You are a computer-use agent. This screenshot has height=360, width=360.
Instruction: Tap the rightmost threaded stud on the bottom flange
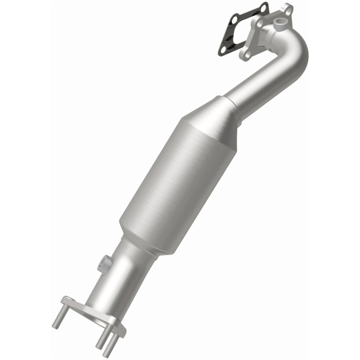(110, 346)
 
